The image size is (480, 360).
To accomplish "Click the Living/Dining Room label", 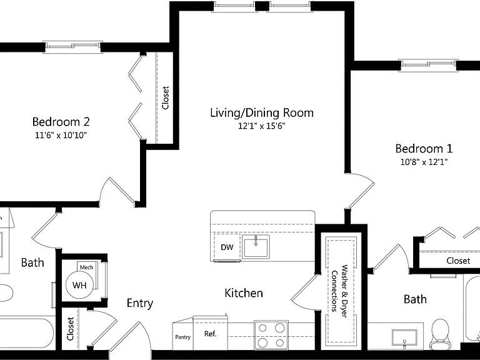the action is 262,113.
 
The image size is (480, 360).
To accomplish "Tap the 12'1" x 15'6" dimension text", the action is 262,126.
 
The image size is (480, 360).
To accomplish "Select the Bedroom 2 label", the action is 61,121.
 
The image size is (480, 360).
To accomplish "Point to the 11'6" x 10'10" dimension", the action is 61,135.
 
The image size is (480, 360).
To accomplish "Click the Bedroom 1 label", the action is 424,149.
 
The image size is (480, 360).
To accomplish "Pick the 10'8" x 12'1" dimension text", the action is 424,162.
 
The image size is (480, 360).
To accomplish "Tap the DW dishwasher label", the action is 227,247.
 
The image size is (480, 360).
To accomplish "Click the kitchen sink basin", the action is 256,247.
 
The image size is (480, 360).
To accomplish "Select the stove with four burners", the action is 271,335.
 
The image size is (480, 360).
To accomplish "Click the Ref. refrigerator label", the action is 210,334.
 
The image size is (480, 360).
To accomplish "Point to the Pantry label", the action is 182,337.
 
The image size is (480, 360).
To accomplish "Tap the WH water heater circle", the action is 79,285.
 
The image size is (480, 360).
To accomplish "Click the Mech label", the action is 86,267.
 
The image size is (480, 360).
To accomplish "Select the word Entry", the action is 140,303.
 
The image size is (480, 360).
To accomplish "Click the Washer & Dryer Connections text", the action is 340,291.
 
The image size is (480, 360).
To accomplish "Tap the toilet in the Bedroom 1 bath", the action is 439,334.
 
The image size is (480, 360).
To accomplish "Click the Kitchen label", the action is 244,293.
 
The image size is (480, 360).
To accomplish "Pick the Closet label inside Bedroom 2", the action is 166,97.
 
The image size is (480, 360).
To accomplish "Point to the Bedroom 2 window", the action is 73,46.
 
